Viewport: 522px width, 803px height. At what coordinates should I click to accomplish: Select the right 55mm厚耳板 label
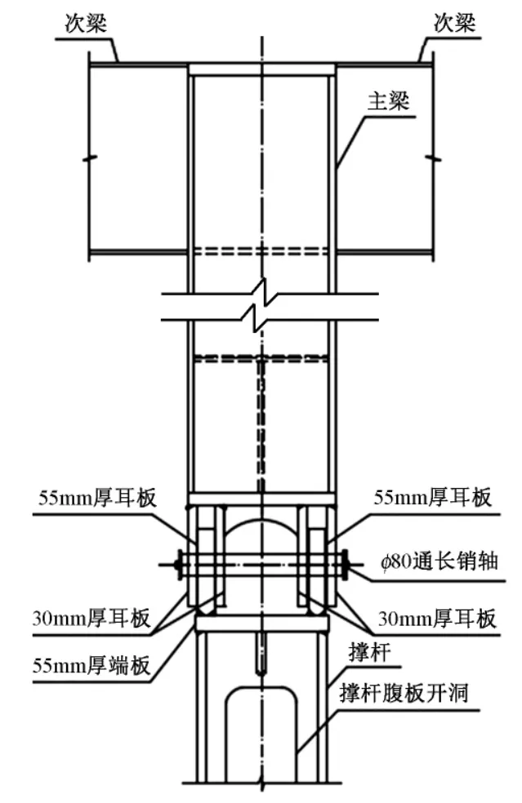(434, 497)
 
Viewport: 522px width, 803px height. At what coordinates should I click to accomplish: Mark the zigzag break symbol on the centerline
(261, 307)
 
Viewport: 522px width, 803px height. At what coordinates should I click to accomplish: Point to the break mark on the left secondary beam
(96, 157)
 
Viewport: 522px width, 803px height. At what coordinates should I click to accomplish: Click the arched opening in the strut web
(261, 734)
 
